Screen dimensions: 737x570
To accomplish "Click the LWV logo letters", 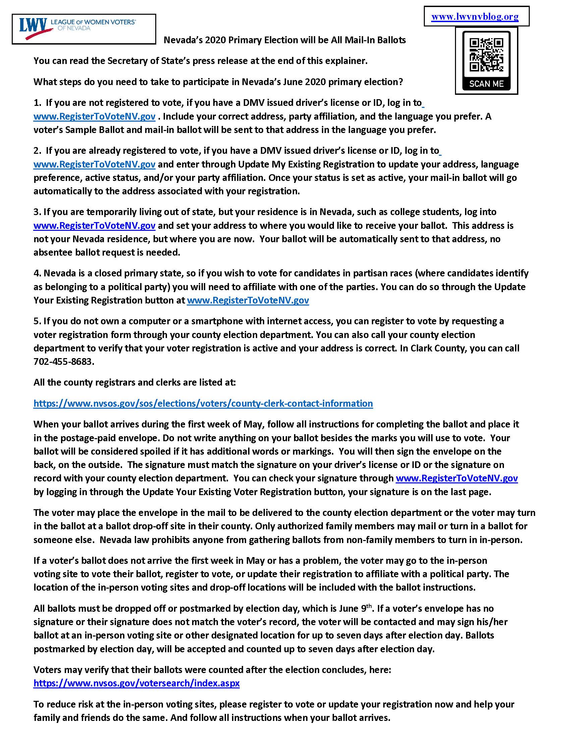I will coord(33,25).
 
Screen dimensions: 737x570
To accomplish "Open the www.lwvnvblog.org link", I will coord(475,16).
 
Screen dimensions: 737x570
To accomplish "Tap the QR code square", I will coord(486,54).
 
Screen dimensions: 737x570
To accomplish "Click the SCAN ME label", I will coord(486,83).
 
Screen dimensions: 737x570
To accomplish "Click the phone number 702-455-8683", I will coord(63,361).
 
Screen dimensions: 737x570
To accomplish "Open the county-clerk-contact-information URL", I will coord(203,403).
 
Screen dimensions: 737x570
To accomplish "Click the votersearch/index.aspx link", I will coord(136,683).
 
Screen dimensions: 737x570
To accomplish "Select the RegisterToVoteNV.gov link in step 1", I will coord(94,117).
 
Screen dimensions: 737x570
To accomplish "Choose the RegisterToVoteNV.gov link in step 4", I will coord(248,300).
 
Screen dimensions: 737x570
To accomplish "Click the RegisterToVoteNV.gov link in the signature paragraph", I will coord(457,478).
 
